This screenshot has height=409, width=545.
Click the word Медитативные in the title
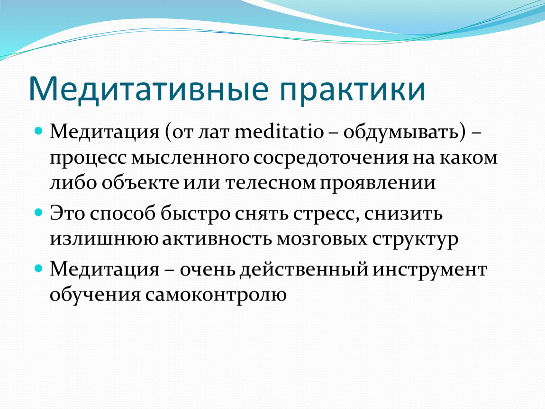pos(149,89)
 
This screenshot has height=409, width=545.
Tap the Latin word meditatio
pos(279,132)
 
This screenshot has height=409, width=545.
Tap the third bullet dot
pos(39,268)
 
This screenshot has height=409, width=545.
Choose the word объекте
pos(141,183)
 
